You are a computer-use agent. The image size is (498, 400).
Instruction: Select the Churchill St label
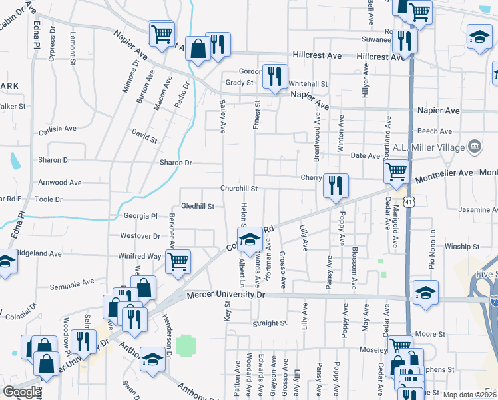tap(240, 189)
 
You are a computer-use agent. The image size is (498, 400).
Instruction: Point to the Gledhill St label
tap(197, 207)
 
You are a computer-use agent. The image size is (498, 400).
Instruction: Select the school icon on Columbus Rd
tap(250, 239)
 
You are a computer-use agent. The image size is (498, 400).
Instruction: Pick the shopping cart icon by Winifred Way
tap(178, 262)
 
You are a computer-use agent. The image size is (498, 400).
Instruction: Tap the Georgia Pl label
tap(140, 216)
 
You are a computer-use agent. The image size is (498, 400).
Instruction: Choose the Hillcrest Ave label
tap(380, 57)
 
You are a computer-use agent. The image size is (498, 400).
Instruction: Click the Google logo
tap(22, 392)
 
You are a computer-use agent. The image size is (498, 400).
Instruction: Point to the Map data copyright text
tap(470, 395)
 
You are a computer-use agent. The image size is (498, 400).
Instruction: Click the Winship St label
tap(463, 246)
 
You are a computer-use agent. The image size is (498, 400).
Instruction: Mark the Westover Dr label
tap(140, 235)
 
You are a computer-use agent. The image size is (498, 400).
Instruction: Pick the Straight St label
tap(269, 323)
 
